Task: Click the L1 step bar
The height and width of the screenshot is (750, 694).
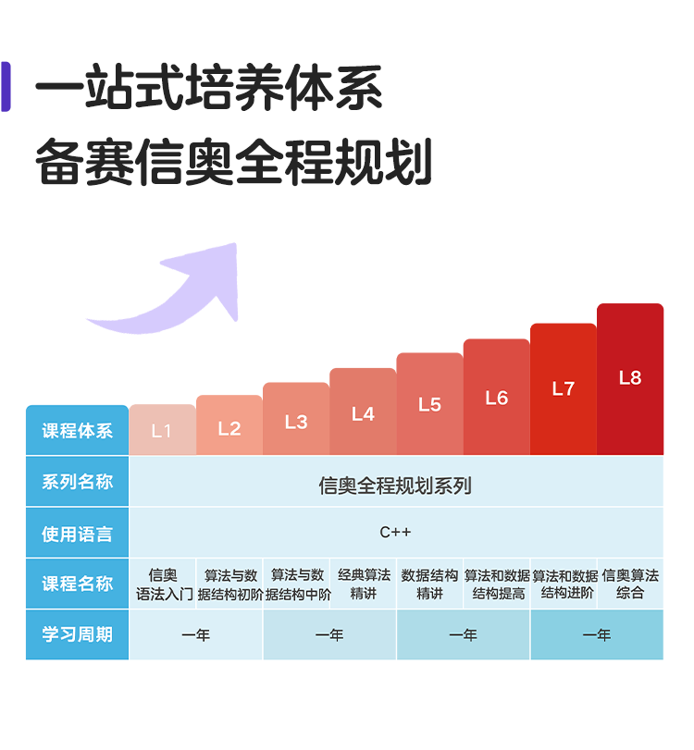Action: click(x=162, y=430)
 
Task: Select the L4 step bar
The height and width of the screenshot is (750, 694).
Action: click(x=363, y=413)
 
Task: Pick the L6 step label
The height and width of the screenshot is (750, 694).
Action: click(x=497, y=398)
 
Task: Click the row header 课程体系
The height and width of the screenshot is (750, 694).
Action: click(x=77, y=431)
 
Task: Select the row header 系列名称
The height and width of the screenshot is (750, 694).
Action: click(x=77, y=482)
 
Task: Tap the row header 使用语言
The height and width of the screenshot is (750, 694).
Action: click(x=77, y=534)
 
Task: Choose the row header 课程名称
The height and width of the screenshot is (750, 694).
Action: click(x=77, y=584)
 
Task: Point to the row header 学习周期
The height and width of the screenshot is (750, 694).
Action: click(x=77, y=634)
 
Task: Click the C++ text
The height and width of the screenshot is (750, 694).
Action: click(x=396, y=533)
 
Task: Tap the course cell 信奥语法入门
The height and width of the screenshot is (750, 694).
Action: click(x=163, y=584)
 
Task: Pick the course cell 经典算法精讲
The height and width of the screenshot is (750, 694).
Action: click(x=363, y=584)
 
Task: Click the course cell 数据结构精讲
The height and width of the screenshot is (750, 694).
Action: click(x=429, y=584)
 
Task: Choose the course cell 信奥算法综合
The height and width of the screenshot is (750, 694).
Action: click(x=630, y=584)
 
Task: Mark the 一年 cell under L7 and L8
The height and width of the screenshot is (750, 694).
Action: click(x=597, y=635)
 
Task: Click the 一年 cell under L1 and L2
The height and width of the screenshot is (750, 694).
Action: click(x=196, y=635)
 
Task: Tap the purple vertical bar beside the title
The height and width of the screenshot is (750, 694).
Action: click(x=6, y=87)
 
